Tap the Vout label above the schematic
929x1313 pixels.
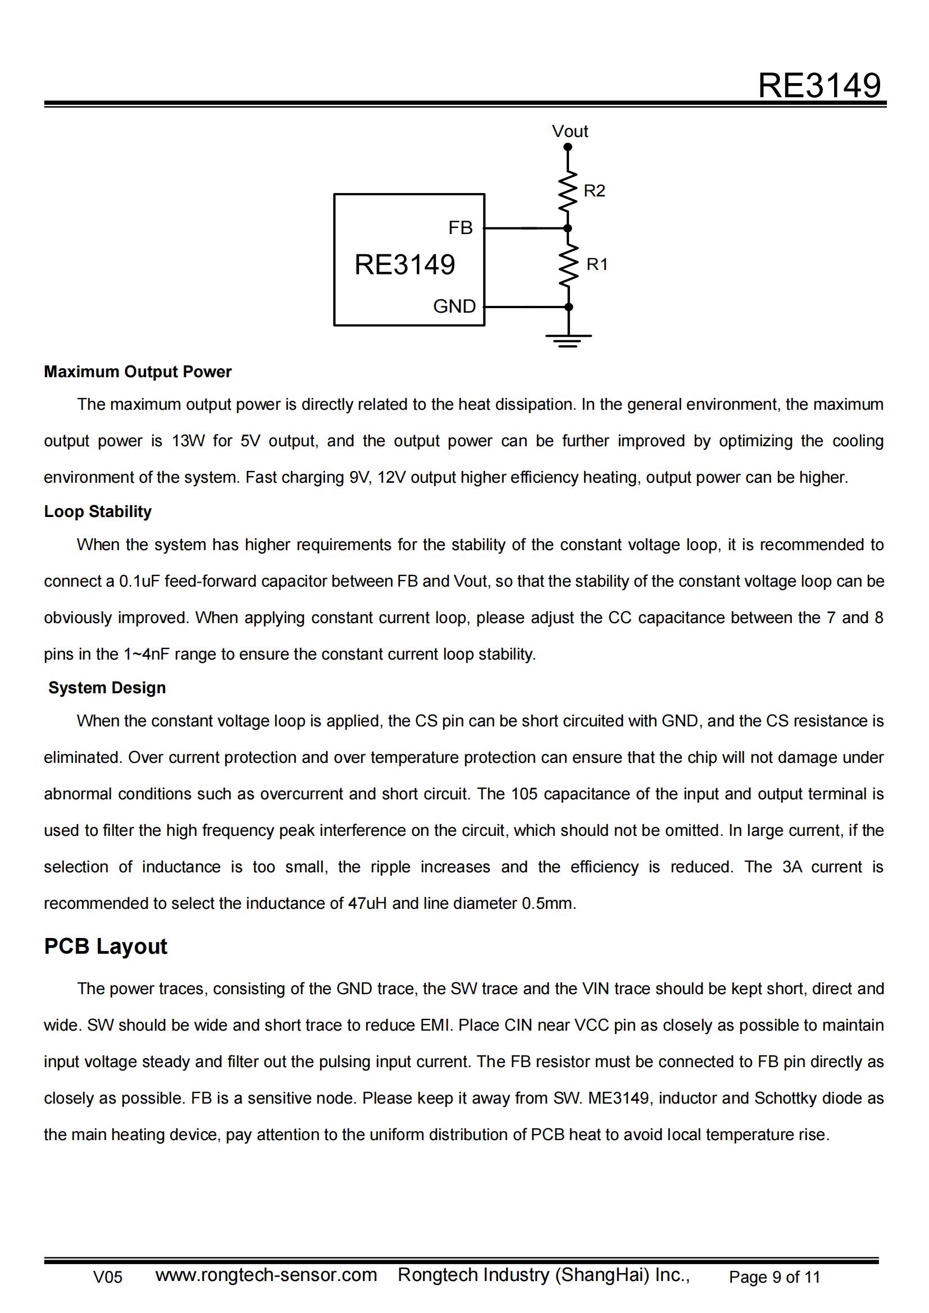569,131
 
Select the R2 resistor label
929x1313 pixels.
594,190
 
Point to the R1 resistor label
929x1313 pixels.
596,264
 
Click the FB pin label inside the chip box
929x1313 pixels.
460,228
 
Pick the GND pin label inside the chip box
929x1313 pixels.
454,306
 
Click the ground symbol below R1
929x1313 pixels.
568,340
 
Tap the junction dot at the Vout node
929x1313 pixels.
567,147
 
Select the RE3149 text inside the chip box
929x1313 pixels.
404,265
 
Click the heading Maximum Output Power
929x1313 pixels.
138,372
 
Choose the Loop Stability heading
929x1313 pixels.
98,511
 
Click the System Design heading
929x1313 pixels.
107,688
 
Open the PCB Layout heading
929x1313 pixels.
106,946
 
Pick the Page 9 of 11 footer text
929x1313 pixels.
774,1277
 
